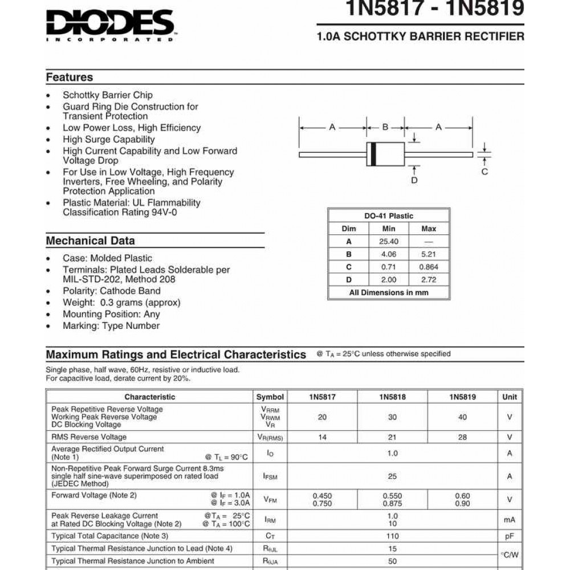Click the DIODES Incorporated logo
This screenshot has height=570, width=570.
[110, 26]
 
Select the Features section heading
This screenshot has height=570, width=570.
[70, 78]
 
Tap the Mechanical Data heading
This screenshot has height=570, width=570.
[90, 241]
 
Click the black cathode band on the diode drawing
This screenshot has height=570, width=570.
[374, 154]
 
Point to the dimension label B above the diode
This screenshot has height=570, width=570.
[385, 127]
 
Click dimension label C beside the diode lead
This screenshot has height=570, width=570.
[484, 172]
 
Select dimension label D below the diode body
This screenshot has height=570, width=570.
[414, 180]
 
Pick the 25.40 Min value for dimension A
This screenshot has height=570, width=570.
[389, 241]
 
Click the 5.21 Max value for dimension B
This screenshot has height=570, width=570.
[428, 254]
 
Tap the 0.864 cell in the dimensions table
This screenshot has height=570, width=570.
[428, 267]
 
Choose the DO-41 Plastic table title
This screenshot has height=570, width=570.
[389, 216]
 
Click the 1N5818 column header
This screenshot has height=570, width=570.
[392, 397]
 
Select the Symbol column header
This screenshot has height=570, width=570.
[270, 397]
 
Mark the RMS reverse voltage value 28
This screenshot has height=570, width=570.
[462, 437]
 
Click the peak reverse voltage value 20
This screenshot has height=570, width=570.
[322, 417]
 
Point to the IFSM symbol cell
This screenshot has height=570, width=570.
[270, 476]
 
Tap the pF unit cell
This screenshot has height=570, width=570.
[510, 536]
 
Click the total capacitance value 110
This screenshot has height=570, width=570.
[392, 536]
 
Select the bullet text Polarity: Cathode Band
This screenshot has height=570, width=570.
[112, 291]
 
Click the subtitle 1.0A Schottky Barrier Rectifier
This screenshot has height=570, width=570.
[421, 36]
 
